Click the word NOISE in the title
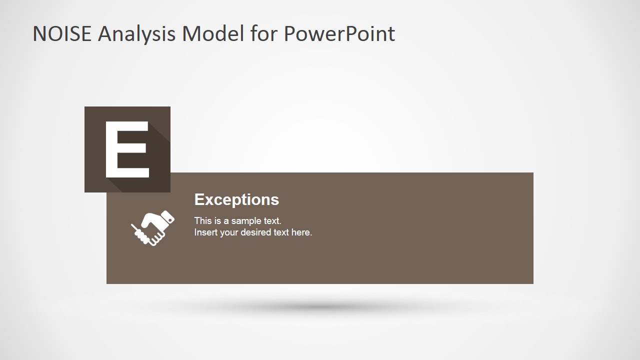pos(62,34)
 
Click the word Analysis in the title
pos(136,34)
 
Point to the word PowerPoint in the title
pos(339,34)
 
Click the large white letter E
pos(127,149)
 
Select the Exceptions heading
pos(236,199)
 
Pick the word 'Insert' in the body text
pos(205,232)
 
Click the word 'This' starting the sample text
pos(203,220)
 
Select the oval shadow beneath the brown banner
pos(320,306)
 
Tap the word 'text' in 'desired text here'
pos(281,232)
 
